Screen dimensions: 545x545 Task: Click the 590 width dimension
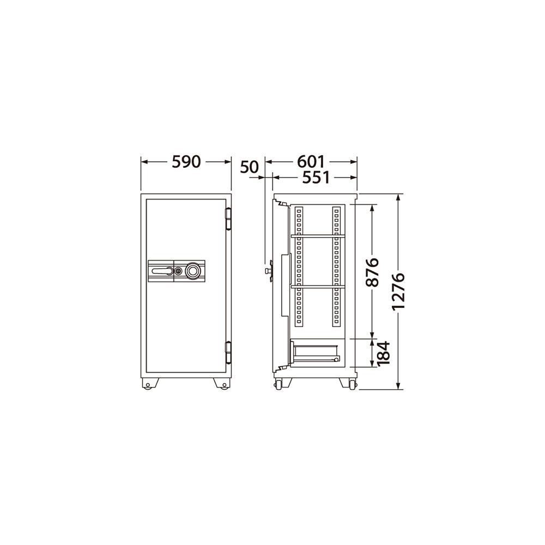tap(186, 162)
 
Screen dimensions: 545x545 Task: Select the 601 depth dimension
tap(311, 162)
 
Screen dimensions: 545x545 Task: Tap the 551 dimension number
tap(316, 177)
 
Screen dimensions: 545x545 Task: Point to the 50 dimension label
tap(249, 167)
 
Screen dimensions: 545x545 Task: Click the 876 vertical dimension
tap(373, 272)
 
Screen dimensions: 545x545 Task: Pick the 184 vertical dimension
tap(383, 353)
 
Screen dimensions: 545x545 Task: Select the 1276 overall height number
tap(398, 291)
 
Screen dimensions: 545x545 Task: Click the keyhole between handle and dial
tap(178, 271)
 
